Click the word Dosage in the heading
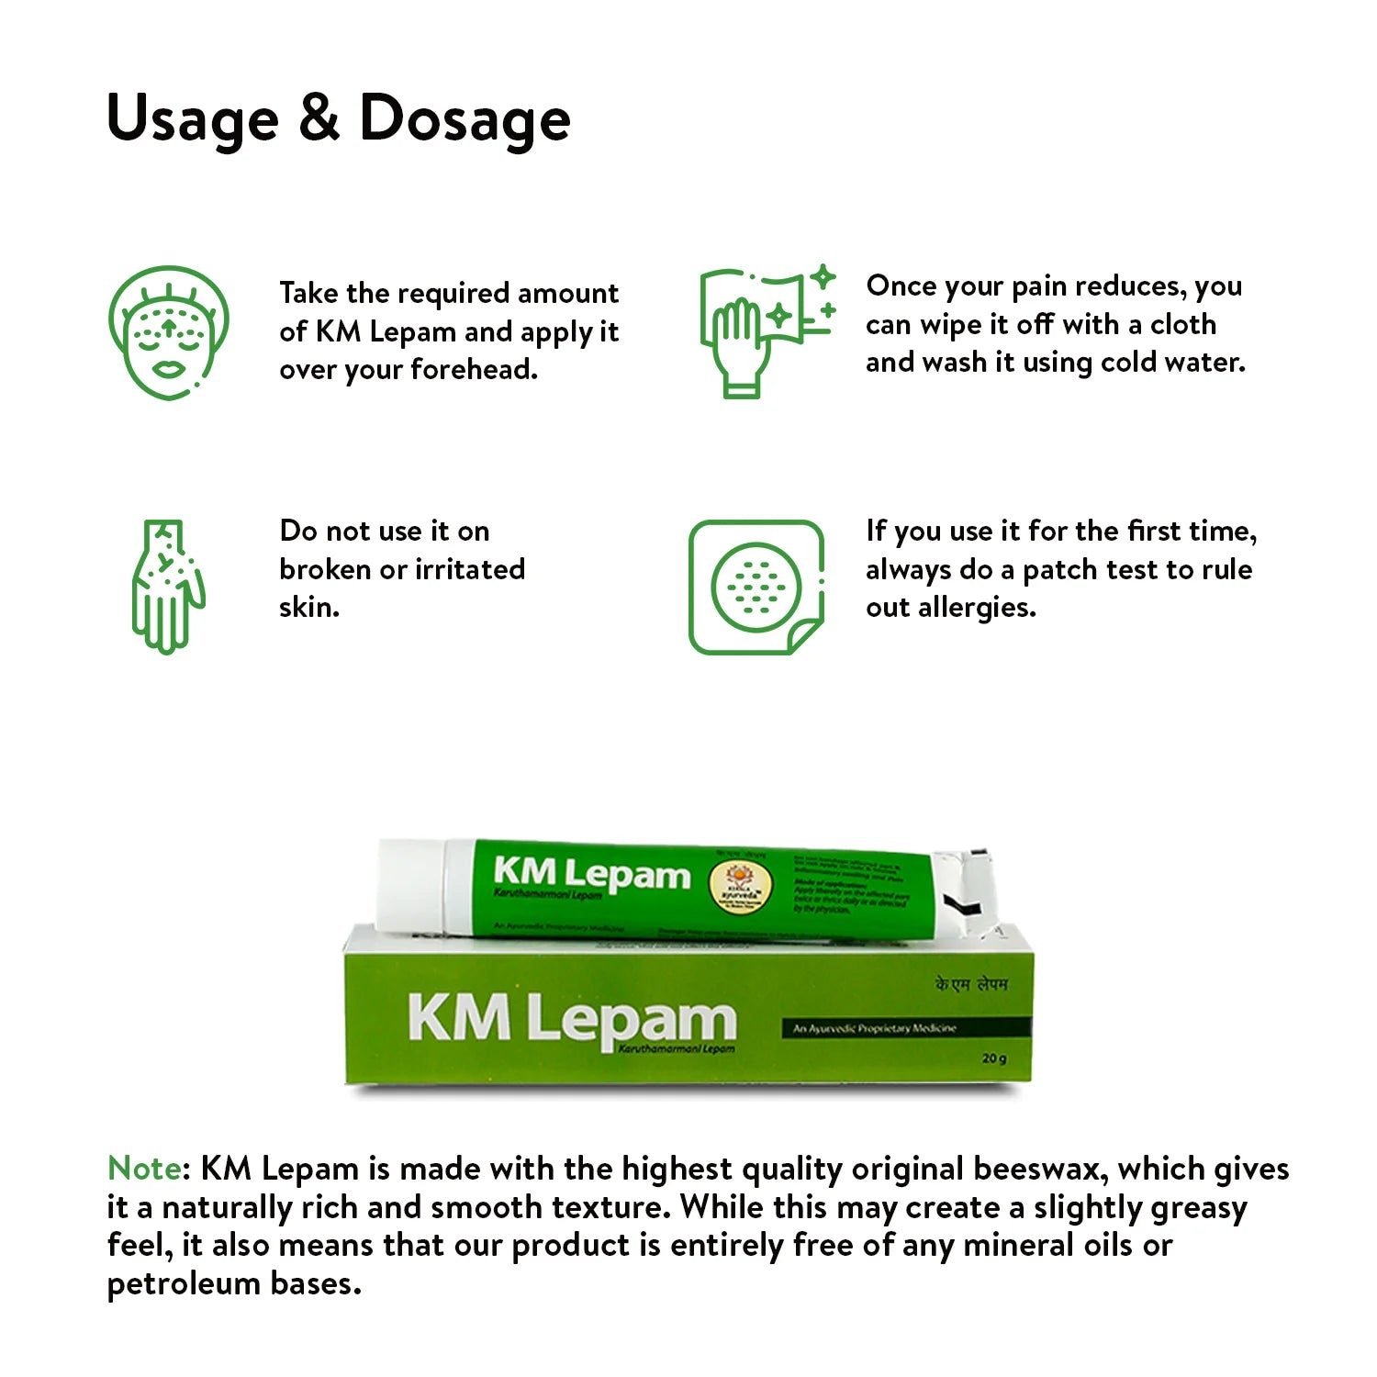tap(465, 119)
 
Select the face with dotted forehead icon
tap(168, 332)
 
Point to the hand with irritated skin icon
tap(168, 586)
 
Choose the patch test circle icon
tap(756, 587)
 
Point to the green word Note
tap(145, 1169)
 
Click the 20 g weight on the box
tap(994, 1058)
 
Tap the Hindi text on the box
tap(971, 984)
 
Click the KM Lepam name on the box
tap(571, 1019)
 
